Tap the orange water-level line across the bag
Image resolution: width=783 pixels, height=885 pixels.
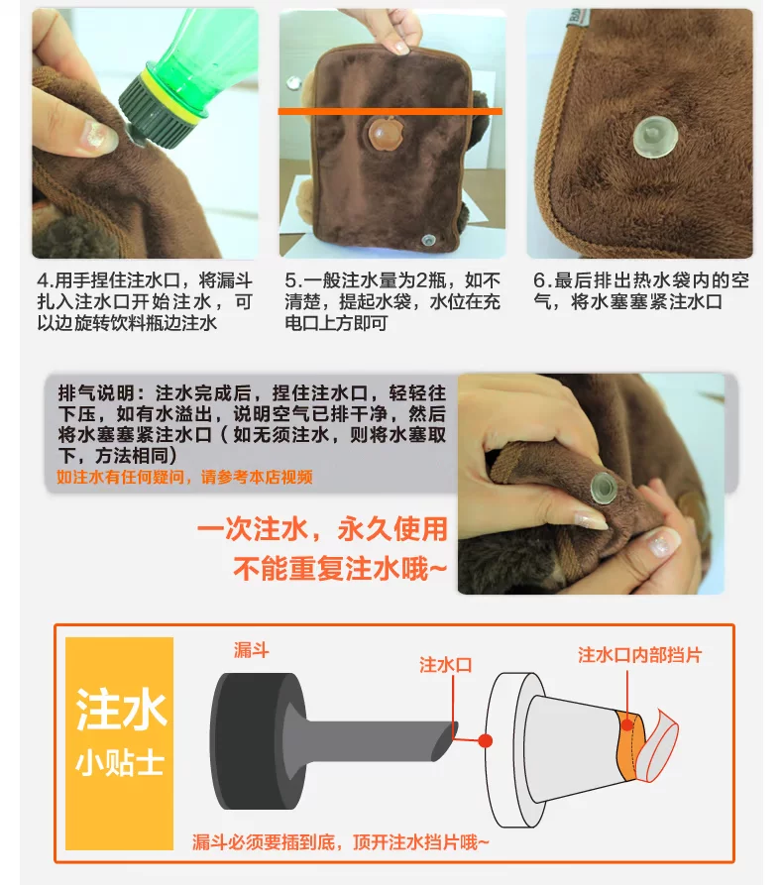point(391,112)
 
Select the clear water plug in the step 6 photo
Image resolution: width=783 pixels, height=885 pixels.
point(654,137)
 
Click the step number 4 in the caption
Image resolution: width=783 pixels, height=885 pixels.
point(43,280)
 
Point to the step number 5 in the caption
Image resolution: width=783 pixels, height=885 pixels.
point(290,280)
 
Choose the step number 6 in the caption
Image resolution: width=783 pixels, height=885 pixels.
point(539,280)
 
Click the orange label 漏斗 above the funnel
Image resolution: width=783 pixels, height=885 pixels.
point(251,650)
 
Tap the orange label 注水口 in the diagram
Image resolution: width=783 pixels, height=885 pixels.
point(445,665)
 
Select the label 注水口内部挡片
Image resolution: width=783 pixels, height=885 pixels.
point(639,655)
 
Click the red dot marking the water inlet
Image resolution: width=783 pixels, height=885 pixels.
point(486,740)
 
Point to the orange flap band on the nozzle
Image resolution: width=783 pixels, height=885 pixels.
point(630,744)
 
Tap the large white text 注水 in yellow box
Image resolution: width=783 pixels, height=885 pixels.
point(121,710)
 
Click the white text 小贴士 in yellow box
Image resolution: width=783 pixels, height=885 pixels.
point(120,763)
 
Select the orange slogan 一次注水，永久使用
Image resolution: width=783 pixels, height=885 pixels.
point(322,529)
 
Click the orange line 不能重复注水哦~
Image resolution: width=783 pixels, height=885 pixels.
point(340,569)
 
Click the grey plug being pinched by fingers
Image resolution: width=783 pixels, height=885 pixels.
point(603,487)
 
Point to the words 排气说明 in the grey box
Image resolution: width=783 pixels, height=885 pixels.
point(96,392)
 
